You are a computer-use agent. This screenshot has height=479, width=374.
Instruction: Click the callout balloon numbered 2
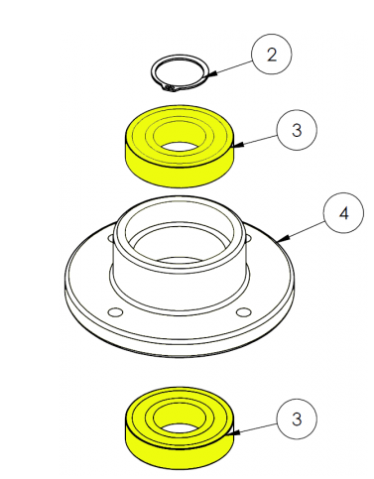pyautogui.click(x=272, y=54)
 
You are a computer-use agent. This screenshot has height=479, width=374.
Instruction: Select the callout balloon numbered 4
pyautogui.click(x=344, y=213)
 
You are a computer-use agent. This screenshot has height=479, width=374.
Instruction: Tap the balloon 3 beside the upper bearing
pyautogui.click(x=297, y=130)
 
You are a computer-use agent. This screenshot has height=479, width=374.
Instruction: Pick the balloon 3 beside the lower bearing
pyautogui.click(x=297, y=419)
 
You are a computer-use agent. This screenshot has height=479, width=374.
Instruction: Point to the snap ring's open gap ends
pyautogui.click(x=170, y=88)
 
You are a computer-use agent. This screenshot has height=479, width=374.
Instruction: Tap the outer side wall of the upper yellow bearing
pyautogui.click(x=180, y=176)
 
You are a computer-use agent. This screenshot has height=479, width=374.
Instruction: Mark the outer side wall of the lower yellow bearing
pyautogui.click(x=180, y=456)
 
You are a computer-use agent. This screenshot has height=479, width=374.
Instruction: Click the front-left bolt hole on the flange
pyautogui.click(x=116, y=311)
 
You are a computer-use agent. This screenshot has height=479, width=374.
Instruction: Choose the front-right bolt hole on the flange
pyautogui.click(x=244, y=311)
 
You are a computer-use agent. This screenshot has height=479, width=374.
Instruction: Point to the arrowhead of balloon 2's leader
pyautogui.click(x=212, y=73)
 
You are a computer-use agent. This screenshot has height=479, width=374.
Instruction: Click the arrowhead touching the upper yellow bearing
pyautogui.click(x=238, y=145)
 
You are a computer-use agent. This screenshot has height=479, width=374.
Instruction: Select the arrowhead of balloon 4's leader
pyautogui.click(x=284, y=238)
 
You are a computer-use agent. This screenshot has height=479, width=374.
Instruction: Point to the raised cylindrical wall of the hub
pyautogui.click(x=180, y=285)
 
